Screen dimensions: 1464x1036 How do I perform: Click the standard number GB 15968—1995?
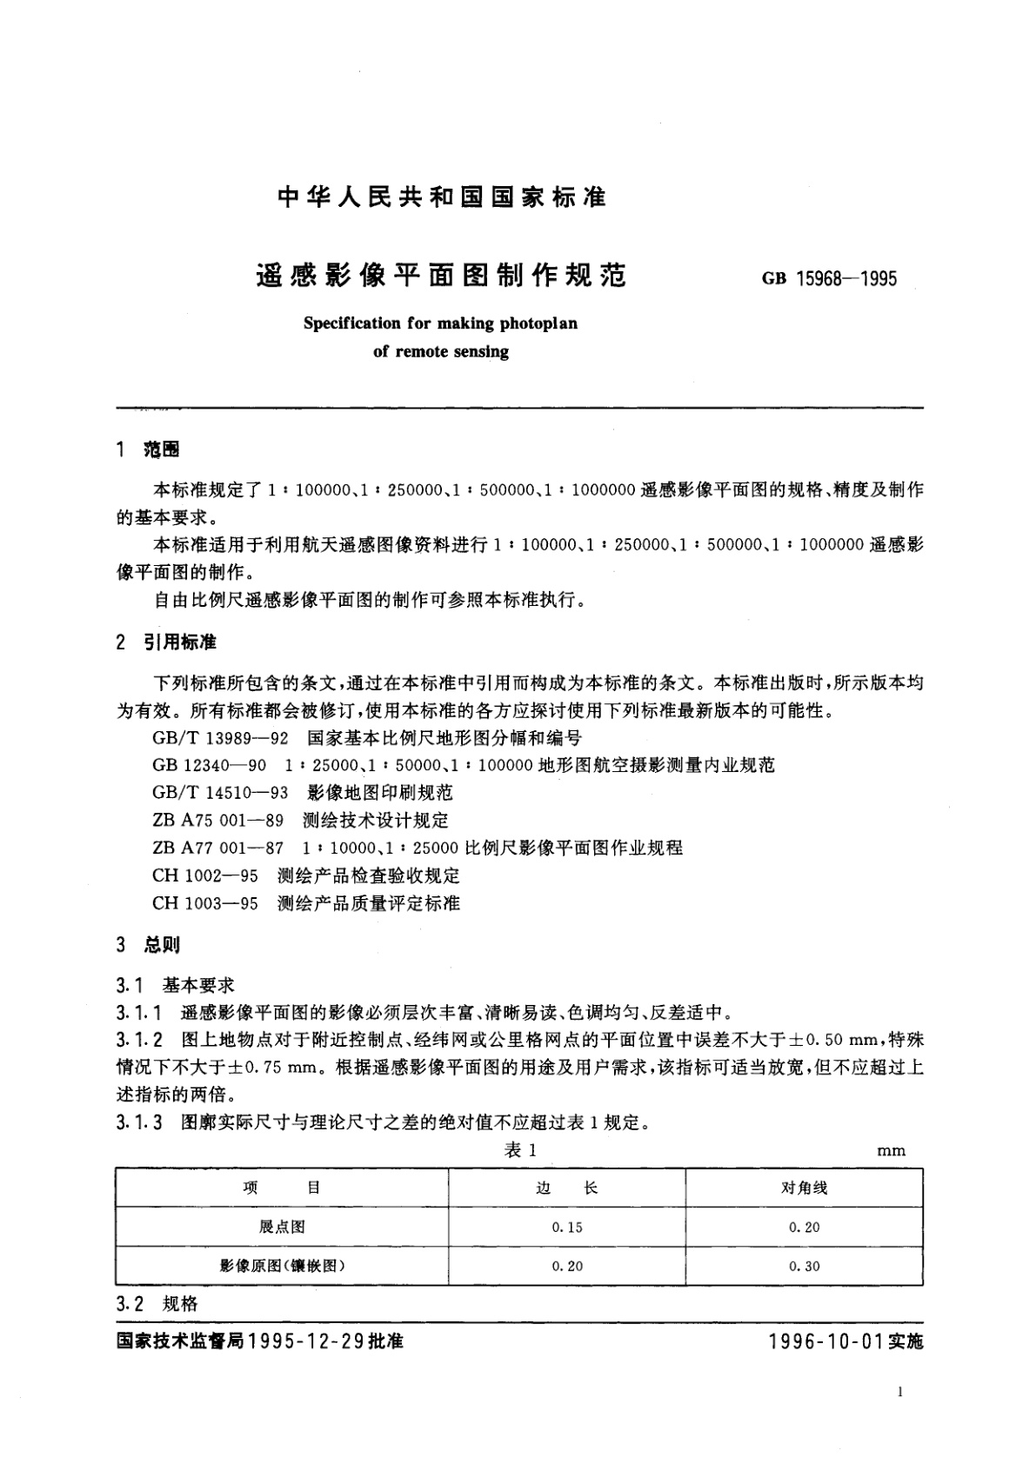(829, 279)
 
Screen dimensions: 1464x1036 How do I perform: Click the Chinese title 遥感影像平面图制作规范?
(441, 276)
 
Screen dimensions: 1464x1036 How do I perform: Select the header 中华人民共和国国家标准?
(441, 197)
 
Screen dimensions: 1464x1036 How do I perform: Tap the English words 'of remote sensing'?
(440, 352)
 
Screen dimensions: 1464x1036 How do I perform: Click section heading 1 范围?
(149, 449)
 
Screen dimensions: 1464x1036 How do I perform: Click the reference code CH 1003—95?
(205, 903)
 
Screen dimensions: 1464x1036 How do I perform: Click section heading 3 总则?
(149, 945)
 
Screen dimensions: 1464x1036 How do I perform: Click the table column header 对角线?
(804, 1188)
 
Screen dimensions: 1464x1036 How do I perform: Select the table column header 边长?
(566, 1188)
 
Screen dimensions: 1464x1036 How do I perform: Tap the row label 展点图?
(282, 1227)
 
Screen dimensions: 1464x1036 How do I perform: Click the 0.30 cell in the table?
(804, 1266)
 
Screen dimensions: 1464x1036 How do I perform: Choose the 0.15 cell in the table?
(566, 1227)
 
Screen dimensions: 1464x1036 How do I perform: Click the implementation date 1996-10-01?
(825, 1341)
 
